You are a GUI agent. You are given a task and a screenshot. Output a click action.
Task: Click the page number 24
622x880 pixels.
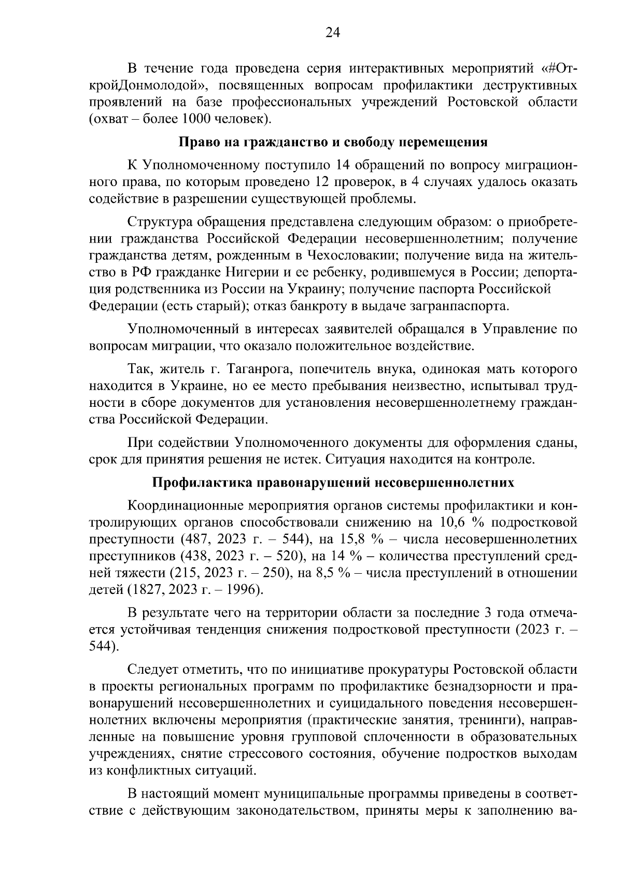[x=332, y=33]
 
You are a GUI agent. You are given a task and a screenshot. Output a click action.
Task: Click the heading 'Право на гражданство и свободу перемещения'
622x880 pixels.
[x=333, y=142]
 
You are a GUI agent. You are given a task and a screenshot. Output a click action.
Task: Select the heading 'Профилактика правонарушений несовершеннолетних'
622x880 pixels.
[x=333, y=482]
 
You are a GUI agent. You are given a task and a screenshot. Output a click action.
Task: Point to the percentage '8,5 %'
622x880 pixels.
[x=330, y=573]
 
